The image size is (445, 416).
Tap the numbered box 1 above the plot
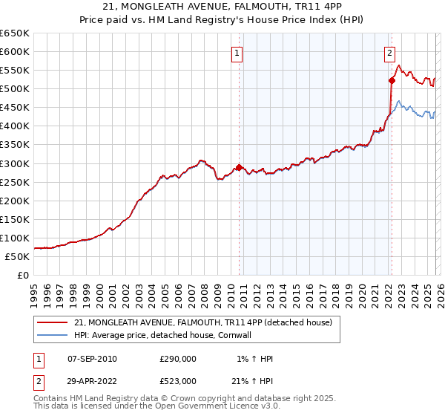(237, 53)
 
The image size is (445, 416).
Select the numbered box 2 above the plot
(389, 53)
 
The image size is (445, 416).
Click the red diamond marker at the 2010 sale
(239, 167)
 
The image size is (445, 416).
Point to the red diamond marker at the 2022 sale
(392, 80)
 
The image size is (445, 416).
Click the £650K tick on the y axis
(15, 33)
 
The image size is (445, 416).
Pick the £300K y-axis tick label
(15, 163)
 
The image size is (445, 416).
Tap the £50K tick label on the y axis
(17, 256)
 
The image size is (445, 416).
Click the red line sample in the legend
(52, 322)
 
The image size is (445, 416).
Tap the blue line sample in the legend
(52, 335)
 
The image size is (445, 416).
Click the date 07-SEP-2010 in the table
(92, 359)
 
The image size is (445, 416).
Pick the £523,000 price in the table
(178, 381)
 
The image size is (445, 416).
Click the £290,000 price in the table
(178, 359)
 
